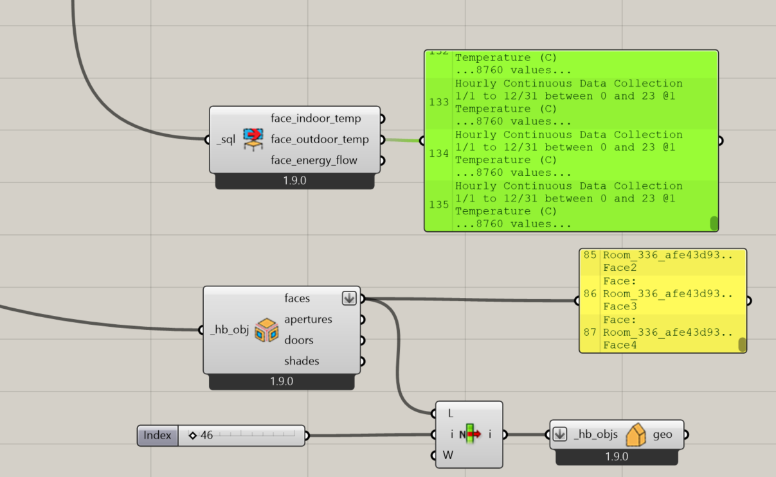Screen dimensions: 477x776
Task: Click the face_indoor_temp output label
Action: (x=316, y=119)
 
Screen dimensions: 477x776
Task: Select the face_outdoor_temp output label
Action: (x=320, y=139)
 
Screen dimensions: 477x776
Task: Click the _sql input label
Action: (x=226, y=139)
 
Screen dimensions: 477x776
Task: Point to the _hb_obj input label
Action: (x=230, y=331)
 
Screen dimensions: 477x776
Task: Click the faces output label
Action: (x=297, y=298)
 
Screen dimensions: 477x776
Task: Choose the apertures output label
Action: (x=308, y=319)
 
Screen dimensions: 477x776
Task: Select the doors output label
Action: (x=298, y=340)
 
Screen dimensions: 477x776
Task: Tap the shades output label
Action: (x=302, y=361)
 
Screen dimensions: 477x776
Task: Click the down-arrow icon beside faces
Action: (x=349, y=298)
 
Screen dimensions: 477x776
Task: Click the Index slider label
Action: (x=158, y=435)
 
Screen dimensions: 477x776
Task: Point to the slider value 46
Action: (x=206, y=435)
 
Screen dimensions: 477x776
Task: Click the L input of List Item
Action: (x=451, y=413)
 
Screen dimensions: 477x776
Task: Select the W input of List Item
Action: (x=449, y=455)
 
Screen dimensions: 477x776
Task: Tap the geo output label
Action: (x=662, y=435)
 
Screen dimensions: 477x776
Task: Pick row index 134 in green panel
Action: (x=438, y=153)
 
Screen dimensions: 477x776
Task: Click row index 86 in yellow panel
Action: (x=590, y=293)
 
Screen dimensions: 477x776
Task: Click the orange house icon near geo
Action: (x=636, y=435)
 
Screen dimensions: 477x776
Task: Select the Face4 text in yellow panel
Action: (x=620, y=345)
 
